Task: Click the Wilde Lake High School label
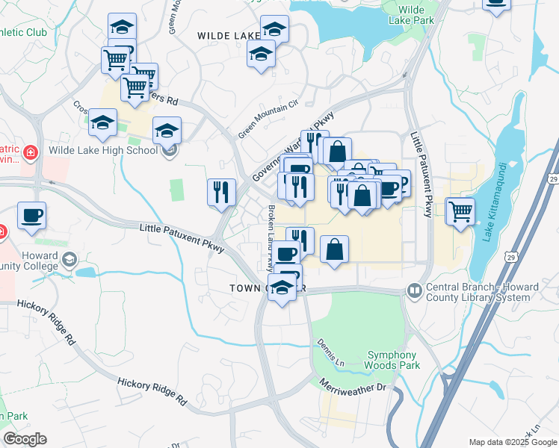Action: [103, 150]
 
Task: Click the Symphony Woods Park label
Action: [393, 360]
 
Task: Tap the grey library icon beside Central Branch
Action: [414, 289]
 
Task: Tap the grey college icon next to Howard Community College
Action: [70, 259]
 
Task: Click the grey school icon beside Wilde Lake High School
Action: [170, 150]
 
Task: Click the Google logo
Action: [25, 439]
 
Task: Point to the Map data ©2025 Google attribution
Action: [512, 442]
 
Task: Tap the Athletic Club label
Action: [23, 32]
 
